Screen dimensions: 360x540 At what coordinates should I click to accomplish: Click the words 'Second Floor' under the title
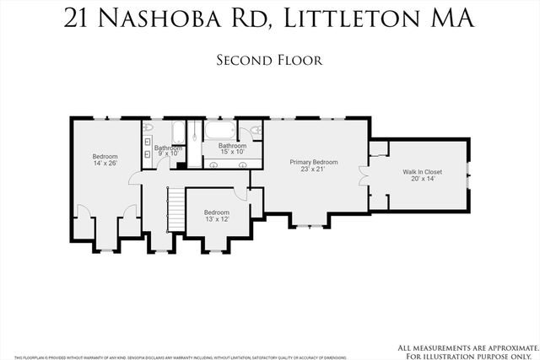coord(269,60)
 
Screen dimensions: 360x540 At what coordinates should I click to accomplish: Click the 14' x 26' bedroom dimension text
coord(105,163)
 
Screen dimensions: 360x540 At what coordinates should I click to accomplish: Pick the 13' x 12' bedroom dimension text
coord(217,219)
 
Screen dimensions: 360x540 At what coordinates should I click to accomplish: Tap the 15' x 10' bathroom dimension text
coord(232,153)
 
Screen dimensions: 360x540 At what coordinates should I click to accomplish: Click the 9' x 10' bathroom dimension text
coord(167,154)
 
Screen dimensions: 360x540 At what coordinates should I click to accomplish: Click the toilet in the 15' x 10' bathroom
coord(255,131)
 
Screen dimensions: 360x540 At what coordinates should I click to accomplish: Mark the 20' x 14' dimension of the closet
coord(427,180)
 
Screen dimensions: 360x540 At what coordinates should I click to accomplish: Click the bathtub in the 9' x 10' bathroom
coord(178,132)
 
